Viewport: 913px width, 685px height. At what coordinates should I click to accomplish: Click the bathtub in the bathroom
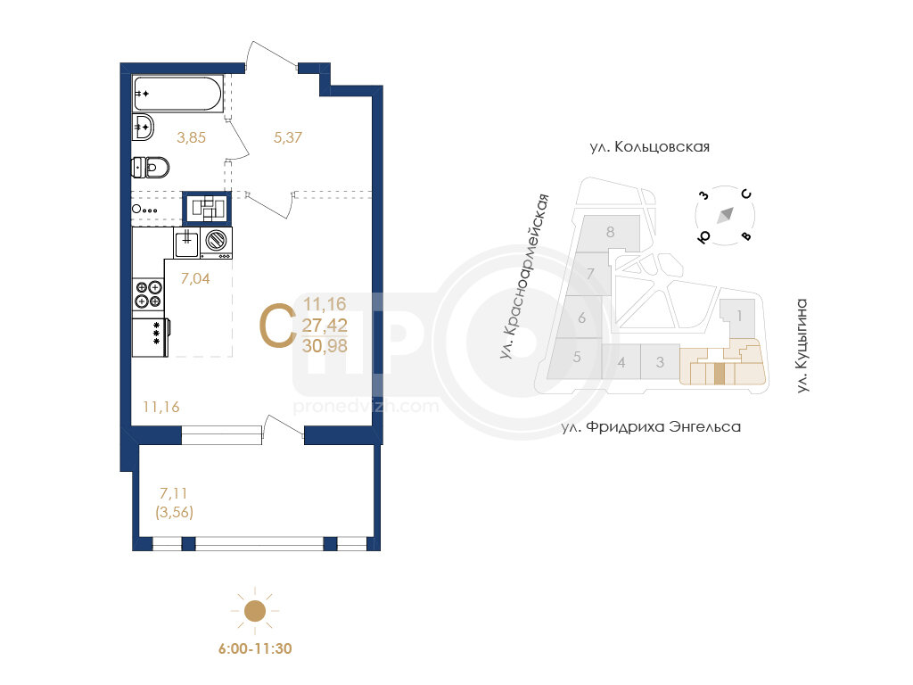pos(177,93)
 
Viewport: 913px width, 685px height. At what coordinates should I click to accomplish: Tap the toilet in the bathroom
pos(150,168)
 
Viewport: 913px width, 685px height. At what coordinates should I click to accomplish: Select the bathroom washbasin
pos(143,127)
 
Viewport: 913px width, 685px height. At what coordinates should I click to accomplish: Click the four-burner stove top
pos(149,293)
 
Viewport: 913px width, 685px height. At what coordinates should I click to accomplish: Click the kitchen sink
pos(186,243)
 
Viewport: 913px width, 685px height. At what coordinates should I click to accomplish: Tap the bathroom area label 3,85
pos(192,137)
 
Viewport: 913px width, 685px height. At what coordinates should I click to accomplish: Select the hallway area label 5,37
pos(288,137)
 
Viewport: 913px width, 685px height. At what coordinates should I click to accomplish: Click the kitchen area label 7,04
pos(195,278)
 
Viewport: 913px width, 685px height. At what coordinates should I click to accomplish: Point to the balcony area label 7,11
pos(174,493)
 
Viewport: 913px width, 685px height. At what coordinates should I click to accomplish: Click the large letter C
pos(277,326)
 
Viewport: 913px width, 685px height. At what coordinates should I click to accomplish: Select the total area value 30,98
pos(325,346)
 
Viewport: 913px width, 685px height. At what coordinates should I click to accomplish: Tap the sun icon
pos(254,611)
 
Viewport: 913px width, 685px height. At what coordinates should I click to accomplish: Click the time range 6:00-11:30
pos(255,649)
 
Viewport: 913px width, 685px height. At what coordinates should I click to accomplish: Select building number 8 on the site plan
pos(610,232)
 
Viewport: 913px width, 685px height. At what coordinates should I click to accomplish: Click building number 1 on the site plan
pos(739,316)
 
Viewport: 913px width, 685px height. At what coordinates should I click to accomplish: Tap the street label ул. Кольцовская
pos(650,147)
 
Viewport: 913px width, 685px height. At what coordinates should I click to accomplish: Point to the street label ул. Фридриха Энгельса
pos(651,427)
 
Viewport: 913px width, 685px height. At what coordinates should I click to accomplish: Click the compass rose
pos(725,216)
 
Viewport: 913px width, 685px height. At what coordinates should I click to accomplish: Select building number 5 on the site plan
pos(577,357)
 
